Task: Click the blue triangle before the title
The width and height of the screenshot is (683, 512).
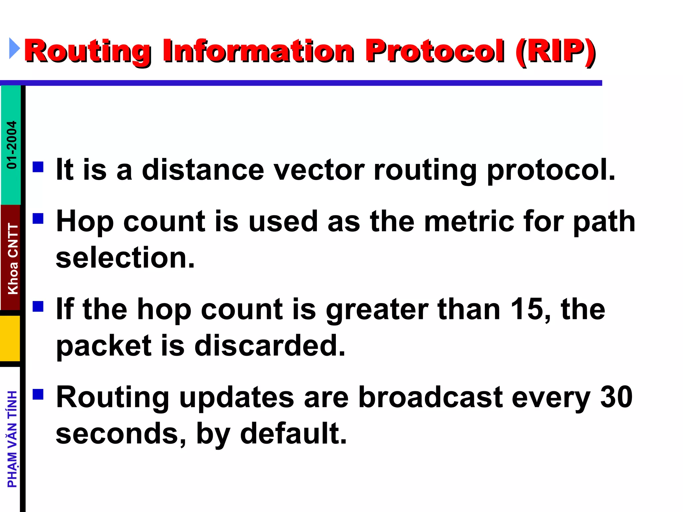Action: click(14, 48)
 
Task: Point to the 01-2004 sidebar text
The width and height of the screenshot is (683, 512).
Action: click(12, 145)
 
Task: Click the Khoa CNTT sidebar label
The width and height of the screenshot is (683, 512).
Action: click(13, 259)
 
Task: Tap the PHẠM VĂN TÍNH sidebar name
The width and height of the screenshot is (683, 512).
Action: click(12, 439)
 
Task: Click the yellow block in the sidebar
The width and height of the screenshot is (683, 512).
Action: click(10, 338)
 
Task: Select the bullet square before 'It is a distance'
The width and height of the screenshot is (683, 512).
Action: click(38, 167)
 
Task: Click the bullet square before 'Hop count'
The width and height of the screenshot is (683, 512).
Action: click(38, 218)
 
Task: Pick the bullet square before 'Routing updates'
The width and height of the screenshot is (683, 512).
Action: click(38, 394)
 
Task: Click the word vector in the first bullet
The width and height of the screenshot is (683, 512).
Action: click(319, 170)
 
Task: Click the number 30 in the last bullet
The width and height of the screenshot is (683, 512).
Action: click(616, 397)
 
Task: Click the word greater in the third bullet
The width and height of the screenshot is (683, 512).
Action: click(377, 310)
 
